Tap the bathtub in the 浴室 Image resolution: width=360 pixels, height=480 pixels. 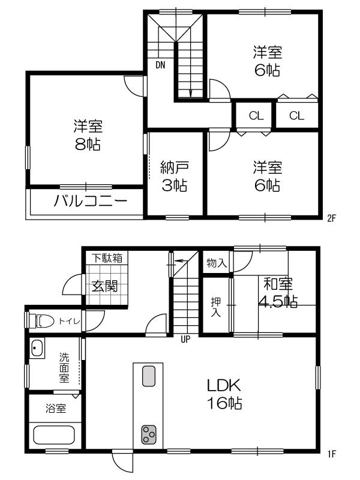[53, 434]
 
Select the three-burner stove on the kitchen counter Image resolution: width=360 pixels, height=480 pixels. [148, 434]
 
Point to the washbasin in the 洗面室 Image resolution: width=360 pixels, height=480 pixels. [37, 349]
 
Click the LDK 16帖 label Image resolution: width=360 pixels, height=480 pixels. [225, 394]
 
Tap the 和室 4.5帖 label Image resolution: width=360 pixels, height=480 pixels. [278, 292]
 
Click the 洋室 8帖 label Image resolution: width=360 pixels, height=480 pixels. [88, 136]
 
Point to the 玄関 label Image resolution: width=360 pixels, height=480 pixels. [104, 286]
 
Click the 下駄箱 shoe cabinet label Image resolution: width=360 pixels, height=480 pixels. [107, 259]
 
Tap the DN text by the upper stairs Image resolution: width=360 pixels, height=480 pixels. [160, 65]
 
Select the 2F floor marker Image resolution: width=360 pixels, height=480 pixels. [331, 218]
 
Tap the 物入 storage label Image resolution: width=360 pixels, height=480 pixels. [216, 263]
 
